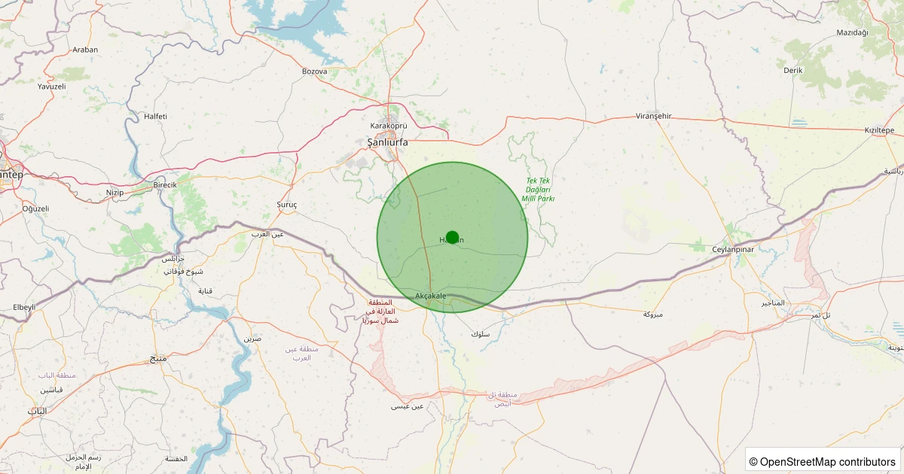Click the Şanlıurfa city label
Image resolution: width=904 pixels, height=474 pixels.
coord(387,141)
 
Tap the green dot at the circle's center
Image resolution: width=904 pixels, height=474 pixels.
coord(452,238)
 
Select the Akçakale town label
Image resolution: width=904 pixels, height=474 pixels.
coord(431,296)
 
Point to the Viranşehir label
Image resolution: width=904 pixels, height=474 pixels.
coord(653,116)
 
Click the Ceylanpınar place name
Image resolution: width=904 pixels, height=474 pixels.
coord(733,248)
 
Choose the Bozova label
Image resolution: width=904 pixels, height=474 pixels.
coord(314,71)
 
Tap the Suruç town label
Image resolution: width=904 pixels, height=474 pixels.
coord(287,205)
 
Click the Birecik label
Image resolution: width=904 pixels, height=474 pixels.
coord(164,185)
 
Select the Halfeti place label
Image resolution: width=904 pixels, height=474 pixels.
coord(155,116)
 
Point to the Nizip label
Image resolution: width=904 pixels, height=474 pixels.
coord(115,193)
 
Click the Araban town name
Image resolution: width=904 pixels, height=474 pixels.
coord(85,50)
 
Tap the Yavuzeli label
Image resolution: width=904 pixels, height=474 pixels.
coord(52,87)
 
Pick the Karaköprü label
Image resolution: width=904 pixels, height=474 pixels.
coord(389,126)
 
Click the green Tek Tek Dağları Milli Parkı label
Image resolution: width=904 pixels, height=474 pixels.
coord(539,190)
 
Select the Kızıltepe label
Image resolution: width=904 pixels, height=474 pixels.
coord(878,130)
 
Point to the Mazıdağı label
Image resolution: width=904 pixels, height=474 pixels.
coord(853,32)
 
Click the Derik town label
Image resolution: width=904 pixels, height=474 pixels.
coord(793,70)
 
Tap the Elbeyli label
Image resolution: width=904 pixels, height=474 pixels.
coord(24,308)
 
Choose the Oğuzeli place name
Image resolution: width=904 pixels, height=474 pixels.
coord(35,208)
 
